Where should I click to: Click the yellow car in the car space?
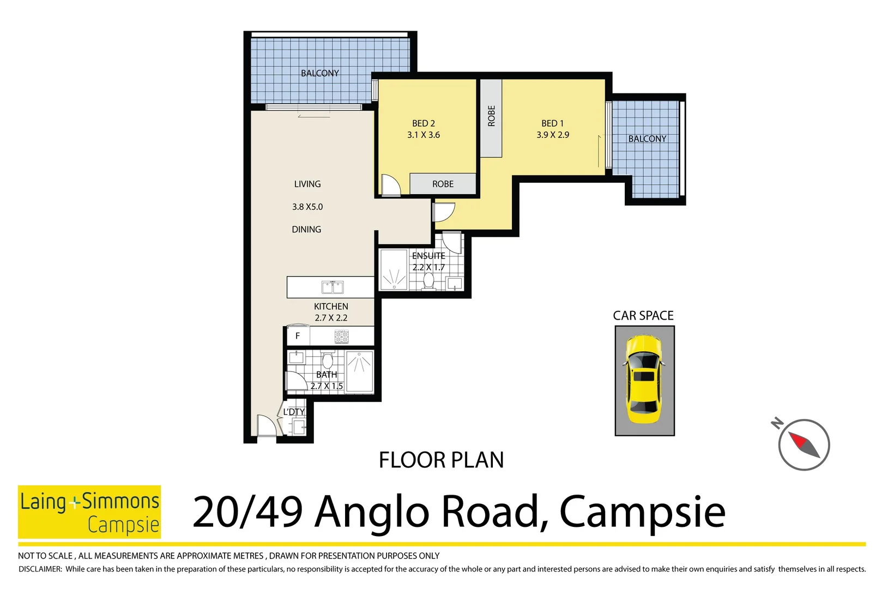click(644, 380)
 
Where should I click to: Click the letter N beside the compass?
click(777, 423)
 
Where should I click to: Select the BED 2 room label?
click(424, 123)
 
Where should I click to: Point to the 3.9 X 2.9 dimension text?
click(552, 135)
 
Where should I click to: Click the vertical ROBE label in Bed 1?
click(491, 116)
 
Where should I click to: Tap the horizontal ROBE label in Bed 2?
click(443, 184)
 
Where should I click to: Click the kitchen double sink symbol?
click(332, 287)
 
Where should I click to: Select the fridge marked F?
click(298, 336)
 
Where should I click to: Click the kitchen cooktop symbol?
click(342, 336)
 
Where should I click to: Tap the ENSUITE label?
click(428, 256)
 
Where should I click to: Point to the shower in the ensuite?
click(394, 269)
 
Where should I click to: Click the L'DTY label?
click(294, 412)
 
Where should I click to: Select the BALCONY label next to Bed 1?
click(647, 139)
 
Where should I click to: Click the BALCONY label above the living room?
click(320, 73)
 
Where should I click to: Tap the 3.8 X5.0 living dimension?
click(307, 207)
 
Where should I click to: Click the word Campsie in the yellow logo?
click(123, 525)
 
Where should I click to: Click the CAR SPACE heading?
click(643, 316)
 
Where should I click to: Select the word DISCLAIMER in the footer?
click(40, 569)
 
